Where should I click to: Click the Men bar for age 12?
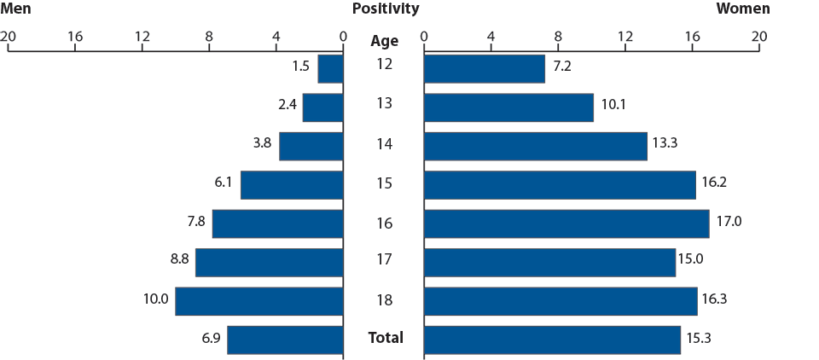(x=330, y=69)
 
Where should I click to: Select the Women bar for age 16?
(x=566, y=224)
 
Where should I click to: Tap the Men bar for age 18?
(x=259, y=301)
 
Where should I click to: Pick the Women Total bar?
(x=551, y=340)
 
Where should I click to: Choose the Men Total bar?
(x=285, y=340)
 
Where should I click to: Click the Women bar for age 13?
(x=508, y=107)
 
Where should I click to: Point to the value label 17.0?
(x=729, y=222)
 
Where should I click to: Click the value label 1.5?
(x=299, y=66)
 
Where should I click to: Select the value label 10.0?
(x=155, y=299)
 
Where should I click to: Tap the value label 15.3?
(x=698, y=338)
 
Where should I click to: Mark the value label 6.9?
(x=211, y=338)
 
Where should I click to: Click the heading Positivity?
(x=385, y=9)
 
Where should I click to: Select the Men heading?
(x=16, y=9)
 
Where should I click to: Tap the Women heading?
(x=742, y=9)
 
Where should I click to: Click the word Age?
(x=384, y=40)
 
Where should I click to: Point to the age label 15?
(x=384, y=183)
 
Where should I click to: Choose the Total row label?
(x=385, y=338)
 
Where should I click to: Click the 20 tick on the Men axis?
(x=9, y=37)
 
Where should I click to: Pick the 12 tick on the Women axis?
(x=625, y=37)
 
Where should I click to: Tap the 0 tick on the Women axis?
(x=424, y=37)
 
